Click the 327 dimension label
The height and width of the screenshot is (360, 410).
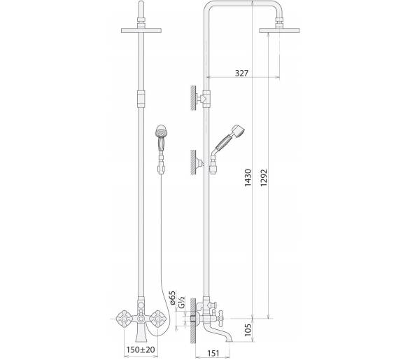click(241, 73)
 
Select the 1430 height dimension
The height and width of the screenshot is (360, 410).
click(248, 177)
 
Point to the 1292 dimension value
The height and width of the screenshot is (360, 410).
click(264, 177)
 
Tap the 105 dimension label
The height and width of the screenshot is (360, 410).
click(248, 330)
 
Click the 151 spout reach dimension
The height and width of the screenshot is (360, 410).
click(213, 353)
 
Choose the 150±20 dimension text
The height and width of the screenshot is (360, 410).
click(141, 349)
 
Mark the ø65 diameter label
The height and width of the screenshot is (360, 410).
click(173, 298)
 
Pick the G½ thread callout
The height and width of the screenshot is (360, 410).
click(182, 302)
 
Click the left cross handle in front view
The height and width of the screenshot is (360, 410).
click(123, 319)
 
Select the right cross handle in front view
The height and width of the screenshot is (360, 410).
click(158, 319)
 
